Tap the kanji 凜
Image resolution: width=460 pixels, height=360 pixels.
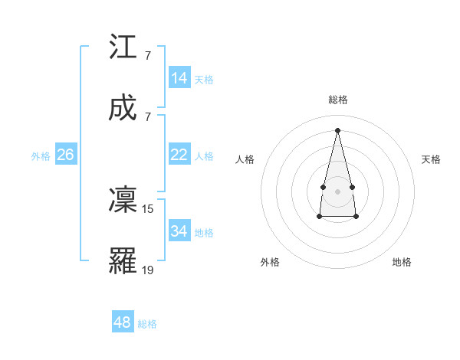pos(123,200)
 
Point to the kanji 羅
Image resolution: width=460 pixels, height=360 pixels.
pos(123,260)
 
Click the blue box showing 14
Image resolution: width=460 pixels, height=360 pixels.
pos(179,78)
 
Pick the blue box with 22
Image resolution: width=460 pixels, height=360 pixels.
pos(179,155)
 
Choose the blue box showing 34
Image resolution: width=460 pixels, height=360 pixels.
pos(179,231)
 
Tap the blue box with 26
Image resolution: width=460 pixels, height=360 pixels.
pos(65,155)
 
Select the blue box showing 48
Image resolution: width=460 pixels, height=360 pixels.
pos(123,322)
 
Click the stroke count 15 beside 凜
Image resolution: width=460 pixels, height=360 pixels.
pos(148,208)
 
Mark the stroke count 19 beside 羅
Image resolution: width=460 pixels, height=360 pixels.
pos(148,269)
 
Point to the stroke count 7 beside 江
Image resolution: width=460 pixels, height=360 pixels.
pos(147,56)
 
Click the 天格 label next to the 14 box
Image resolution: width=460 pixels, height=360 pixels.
pos(204,80)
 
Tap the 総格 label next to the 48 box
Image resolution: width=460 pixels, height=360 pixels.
pos(147,324)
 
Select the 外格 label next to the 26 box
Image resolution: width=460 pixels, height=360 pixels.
pos(41,156)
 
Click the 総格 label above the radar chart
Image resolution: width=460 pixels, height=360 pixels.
pos(338,100)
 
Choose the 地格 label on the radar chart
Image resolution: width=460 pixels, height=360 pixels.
pos(402,262)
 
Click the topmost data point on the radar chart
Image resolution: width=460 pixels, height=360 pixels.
pos(337,129)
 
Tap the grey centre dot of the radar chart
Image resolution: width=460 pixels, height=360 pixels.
pos(337,191)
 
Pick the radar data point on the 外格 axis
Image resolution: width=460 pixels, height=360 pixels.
pos(319,217)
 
